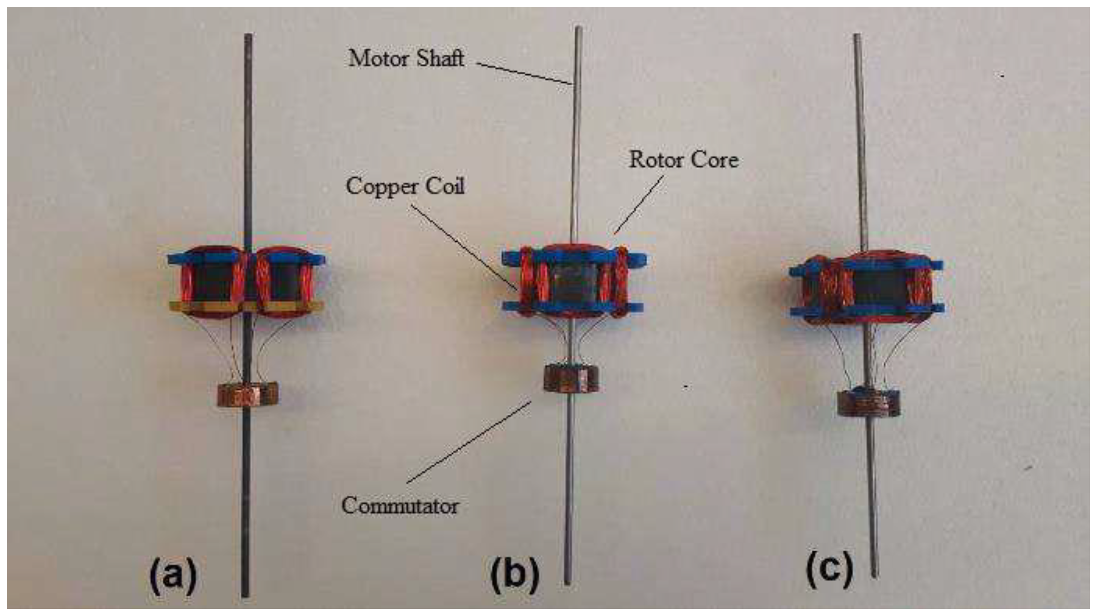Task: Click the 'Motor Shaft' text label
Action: (x=406, y=58)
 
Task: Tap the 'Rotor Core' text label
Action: (x=683, y=160)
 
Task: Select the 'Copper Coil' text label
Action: (x=405, y=186)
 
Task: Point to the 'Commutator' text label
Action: (x=400, y=506)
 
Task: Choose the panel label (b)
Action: (x=515, y=577)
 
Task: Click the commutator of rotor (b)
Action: (x=572, y=378)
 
